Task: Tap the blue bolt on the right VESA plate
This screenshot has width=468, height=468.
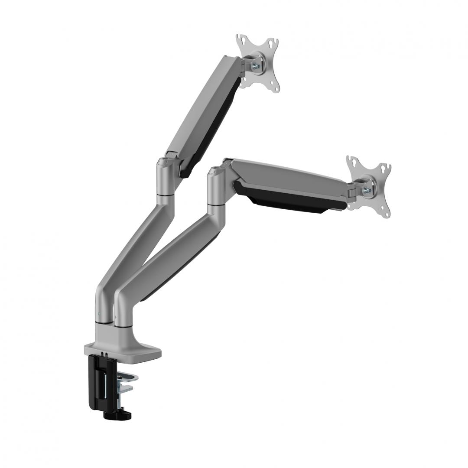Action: tap(367, 190)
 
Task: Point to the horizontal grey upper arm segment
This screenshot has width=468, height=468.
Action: tap(286, 173)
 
